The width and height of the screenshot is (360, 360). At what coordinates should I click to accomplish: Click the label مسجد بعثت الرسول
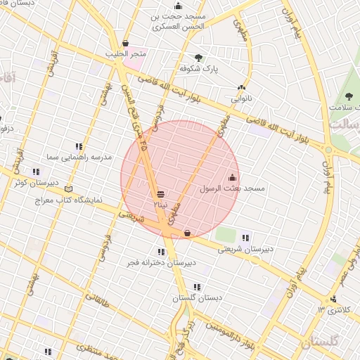coord(231,189)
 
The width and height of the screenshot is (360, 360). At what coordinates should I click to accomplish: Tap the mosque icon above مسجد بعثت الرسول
coord(233,177)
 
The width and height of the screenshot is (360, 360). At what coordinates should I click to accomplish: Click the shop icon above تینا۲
coord(161,193)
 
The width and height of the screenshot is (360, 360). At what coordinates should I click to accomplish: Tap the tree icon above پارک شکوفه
coord(198,58)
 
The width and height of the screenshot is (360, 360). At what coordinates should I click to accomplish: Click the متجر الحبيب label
coord(125,54)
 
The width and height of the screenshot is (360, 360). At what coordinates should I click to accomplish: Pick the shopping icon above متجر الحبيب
coord(125,43)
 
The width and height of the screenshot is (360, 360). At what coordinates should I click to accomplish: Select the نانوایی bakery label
coord(241,99)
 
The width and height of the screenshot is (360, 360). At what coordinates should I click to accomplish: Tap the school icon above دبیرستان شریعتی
coord(245,237)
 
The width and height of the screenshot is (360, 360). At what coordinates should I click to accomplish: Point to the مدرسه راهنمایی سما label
coord(78,157)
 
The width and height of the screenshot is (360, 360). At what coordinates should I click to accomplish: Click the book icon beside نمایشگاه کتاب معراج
coord(68,188)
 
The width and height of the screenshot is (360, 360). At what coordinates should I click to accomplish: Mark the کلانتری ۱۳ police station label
coord(333,310)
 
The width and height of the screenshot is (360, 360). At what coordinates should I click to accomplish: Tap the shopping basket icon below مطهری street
coord(187,233)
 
